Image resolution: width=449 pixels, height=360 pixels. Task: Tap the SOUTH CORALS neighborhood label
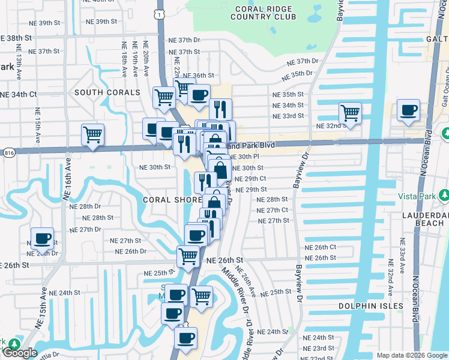point(107,92)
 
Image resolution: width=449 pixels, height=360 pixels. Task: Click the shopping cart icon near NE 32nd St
point(349,113)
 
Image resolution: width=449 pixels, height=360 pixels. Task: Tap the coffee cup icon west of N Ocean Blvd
point(408,110)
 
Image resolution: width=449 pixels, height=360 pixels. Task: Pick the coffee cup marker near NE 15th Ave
point(42,238)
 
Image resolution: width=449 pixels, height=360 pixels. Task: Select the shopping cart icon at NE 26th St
point(188,256)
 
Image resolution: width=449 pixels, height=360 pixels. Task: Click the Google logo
point(19,353)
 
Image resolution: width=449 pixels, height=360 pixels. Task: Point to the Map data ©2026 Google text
point(411,355)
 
